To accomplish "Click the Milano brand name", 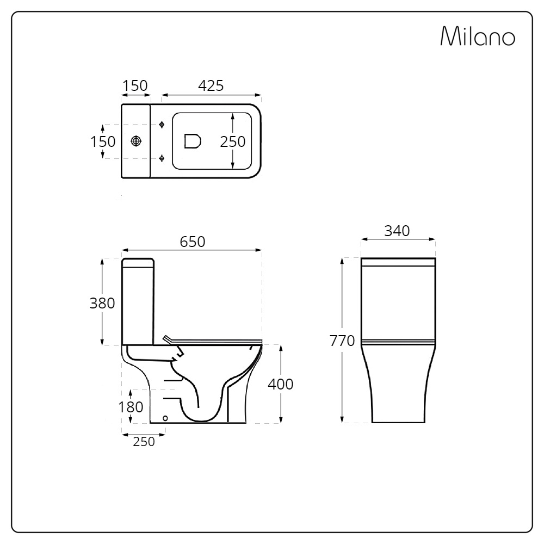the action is coord(478,36).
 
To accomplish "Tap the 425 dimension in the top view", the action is coord(211,86).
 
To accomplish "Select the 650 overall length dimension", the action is coord(193,242).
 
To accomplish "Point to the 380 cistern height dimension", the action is coord(102,303).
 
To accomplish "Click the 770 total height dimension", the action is coord(342,341).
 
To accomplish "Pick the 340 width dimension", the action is coord(397,231).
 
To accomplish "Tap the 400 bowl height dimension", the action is coord(281,384).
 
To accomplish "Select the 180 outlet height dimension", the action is coord(131,407).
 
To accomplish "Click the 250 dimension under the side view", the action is coord(144,442).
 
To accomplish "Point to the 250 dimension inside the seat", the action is coord(233,141).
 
